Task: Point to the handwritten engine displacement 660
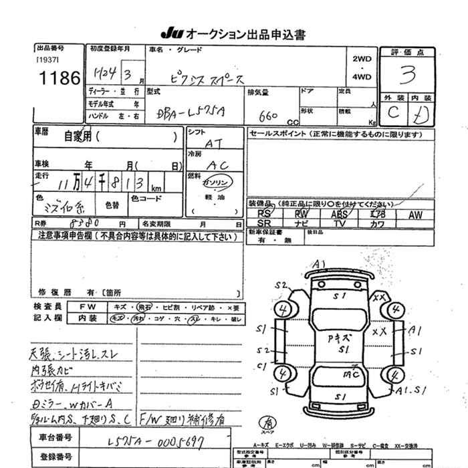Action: pyautogui.click(x=267, y=116)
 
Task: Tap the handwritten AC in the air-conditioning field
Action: pyautogui.click(x=215, y=164)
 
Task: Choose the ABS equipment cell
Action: pyautogui.click(x=340, y=215)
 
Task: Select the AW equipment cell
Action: pyautogui.click(x=415, y=215)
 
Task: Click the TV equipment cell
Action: pyautogui.click(x=340, y=223)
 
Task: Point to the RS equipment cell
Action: pyautogui.click(x=263, y=215)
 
